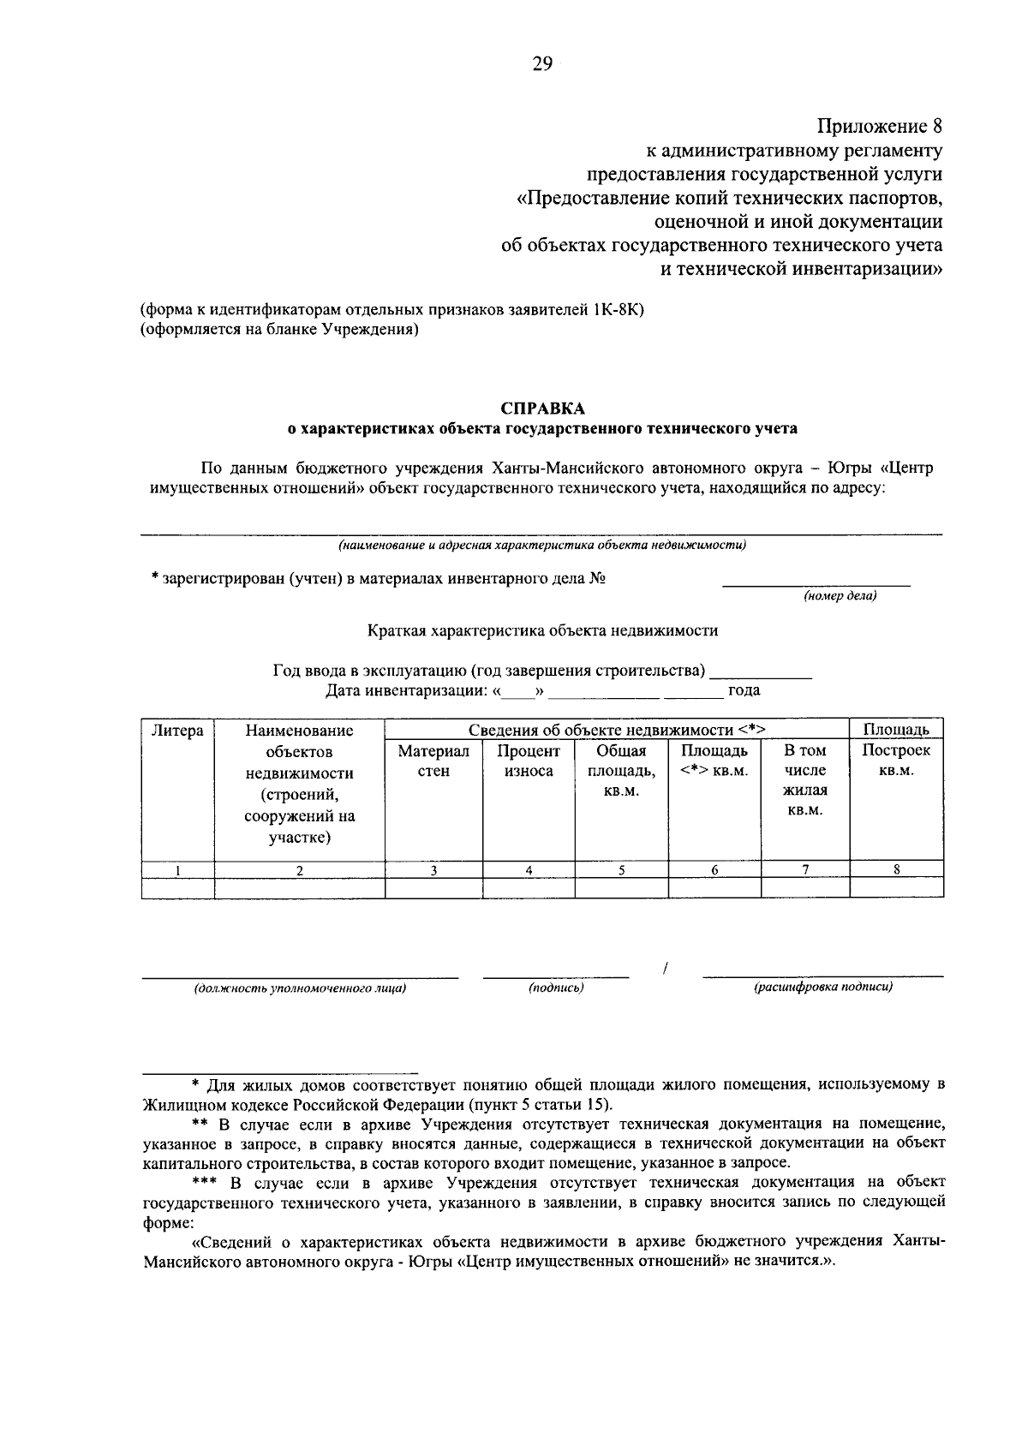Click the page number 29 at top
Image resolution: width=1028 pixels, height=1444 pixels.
point(542,65)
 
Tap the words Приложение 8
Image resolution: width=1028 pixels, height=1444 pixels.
point(880,127)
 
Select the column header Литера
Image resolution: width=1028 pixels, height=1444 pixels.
point(177,731)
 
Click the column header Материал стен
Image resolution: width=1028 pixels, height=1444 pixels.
point(433,761)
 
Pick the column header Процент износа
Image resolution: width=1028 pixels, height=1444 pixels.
point(529,761)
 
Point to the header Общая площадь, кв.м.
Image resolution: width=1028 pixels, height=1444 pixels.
point(621,771)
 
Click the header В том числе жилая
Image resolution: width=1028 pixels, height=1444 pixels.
point(805,779)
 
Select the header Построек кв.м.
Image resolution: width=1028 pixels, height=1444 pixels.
point(896,761)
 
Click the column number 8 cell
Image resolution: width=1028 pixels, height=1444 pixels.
point(896,869)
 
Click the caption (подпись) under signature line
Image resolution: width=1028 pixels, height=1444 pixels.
point(556,988)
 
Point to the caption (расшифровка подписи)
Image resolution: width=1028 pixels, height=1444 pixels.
point(822,988)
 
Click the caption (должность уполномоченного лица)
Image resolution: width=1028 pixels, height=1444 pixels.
point(300,988)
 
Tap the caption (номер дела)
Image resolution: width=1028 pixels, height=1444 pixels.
point(840,596)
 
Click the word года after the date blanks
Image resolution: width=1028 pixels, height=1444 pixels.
point(744,690)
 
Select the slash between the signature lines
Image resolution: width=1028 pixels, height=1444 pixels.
point(666,969)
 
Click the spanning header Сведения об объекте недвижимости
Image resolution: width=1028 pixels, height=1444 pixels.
point(616,730)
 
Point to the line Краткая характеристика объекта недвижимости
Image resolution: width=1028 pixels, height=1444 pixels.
point(542,630)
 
